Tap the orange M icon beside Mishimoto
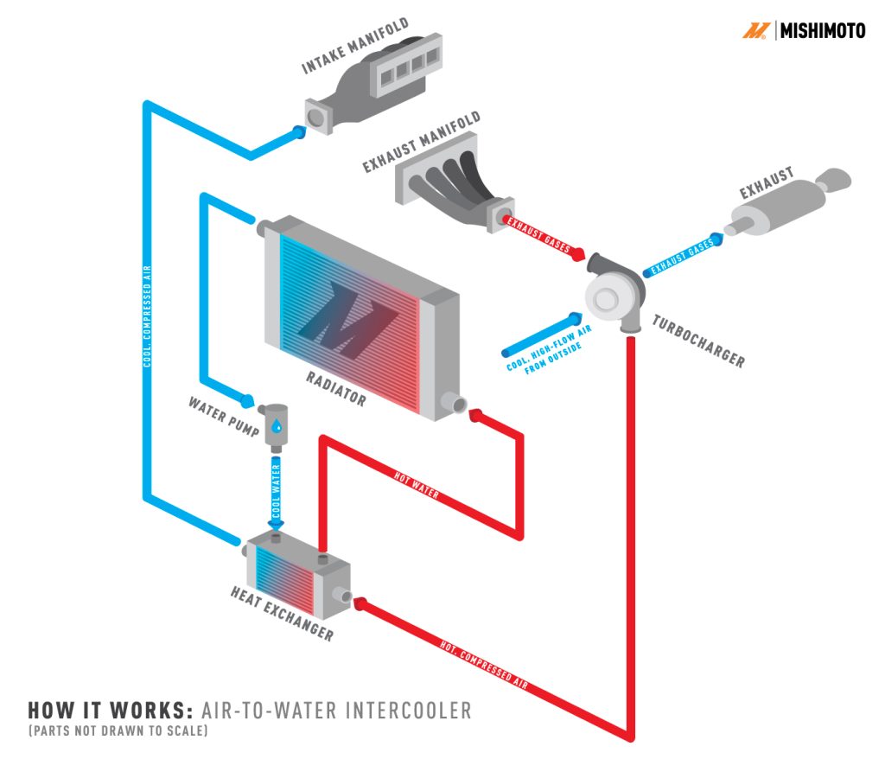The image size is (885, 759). coord(755,31)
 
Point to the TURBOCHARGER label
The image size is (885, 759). coord(697,341)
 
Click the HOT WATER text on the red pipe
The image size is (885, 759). coord(417,487)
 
